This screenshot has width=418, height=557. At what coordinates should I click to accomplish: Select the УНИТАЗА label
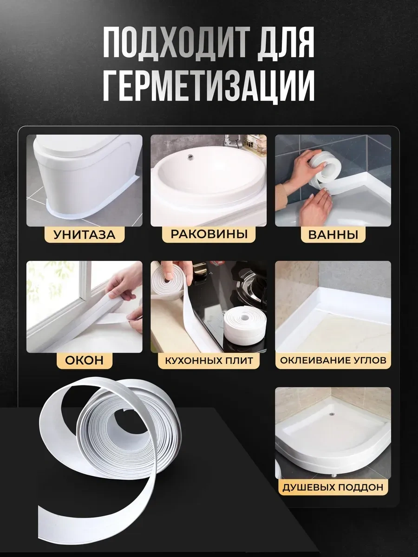tap(84, 234)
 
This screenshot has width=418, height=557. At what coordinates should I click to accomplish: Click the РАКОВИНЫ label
tap(209, 234)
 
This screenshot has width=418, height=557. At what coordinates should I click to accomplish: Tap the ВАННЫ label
tap(333, 234)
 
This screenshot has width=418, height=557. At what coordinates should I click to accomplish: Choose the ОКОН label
tap(84, 360)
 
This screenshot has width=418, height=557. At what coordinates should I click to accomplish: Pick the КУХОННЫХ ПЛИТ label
tap(209, 360)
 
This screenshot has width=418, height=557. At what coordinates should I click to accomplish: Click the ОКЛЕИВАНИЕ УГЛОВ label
tap(333, 360)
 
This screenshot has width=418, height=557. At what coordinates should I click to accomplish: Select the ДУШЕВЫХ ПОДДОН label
tap(333, 487)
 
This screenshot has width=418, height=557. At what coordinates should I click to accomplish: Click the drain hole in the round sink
tap(190, 157)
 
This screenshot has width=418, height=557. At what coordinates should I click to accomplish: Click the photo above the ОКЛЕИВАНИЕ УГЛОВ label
tap(333, 306)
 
